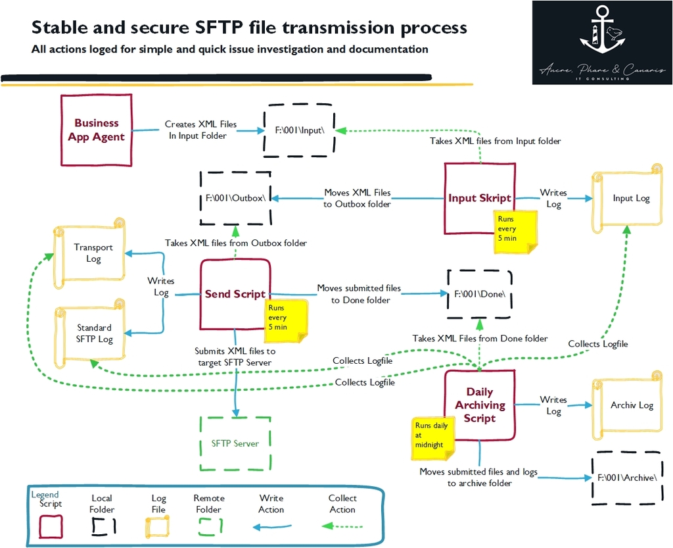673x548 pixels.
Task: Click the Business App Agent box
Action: [x=96, y=130]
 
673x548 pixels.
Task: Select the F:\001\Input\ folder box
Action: [x=299, y=130]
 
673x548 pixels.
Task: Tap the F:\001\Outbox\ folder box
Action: [x=235, y=198]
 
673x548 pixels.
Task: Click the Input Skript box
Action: [x=479, y=197]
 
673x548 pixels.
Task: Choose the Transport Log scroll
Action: [x=93, y=253]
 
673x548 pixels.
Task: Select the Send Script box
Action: [x=235, y=294]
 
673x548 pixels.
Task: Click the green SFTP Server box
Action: [x=235, y=443]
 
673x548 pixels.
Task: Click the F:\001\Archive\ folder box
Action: [x=626, y=478]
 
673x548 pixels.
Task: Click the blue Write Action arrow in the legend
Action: [x=272, y=526]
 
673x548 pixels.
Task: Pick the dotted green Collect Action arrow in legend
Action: [x=342, y=526]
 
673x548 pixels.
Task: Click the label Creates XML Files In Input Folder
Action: [x=200, y=130]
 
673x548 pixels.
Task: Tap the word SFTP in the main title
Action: [x=225, y=28]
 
